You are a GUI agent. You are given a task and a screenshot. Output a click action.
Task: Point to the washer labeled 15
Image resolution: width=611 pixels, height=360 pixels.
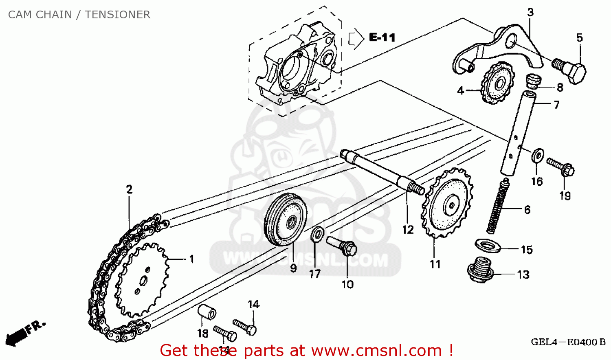[488, 245]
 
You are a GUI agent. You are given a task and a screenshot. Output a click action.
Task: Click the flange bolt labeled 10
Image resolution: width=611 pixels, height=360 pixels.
[343, 246]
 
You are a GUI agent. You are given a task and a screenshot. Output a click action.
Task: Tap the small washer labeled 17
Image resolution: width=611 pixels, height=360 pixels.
[317, 234]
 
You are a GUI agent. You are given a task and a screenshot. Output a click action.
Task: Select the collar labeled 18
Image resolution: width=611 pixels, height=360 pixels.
[207, 313]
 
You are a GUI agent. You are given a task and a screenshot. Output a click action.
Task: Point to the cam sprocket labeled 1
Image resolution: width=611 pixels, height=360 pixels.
[141, 280]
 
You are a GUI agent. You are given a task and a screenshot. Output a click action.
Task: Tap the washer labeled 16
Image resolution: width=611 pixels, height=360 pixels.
[538, 155]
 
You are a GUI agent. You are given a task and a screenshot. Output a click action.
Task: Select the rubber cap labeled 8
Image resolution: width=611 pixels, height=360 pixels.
[532, 80]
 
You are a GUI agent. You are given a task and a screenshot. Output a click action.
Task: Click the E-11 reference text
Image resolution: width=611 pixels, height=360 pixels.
[382, 37]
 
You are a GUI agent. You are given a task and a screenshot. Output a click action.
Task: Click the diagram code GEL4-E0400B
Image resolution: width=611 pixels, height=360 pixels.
[568, 342]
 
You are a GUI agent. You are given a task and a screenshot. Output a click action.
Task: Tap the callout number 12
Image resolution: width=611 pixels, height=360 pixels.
[408, 230]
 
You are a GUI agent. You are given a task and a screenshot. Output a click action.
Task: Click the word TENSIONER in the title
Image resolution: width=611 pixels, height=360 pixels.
[117, 15]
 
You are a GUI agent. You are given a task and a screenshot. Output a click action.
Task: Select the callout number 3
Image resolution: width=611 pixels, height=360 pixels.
[530, 12]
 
